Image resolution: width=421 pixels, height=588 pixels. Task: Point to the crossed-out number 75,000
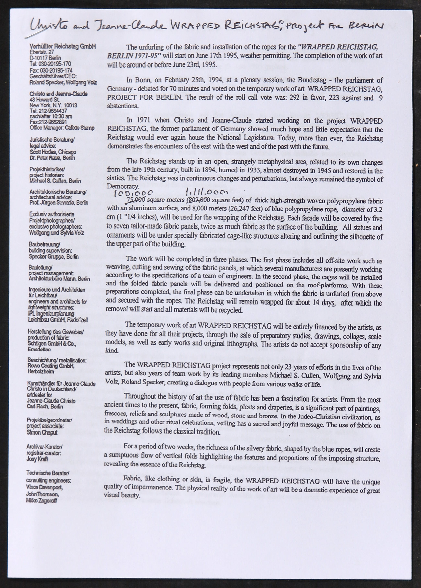tap(135, 201)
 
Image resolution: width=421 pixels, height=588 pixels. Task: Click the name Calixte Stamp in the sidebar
tap(80, 128)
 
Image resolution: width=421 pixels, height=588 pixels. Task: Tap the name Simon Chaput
tap(42, 432)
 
